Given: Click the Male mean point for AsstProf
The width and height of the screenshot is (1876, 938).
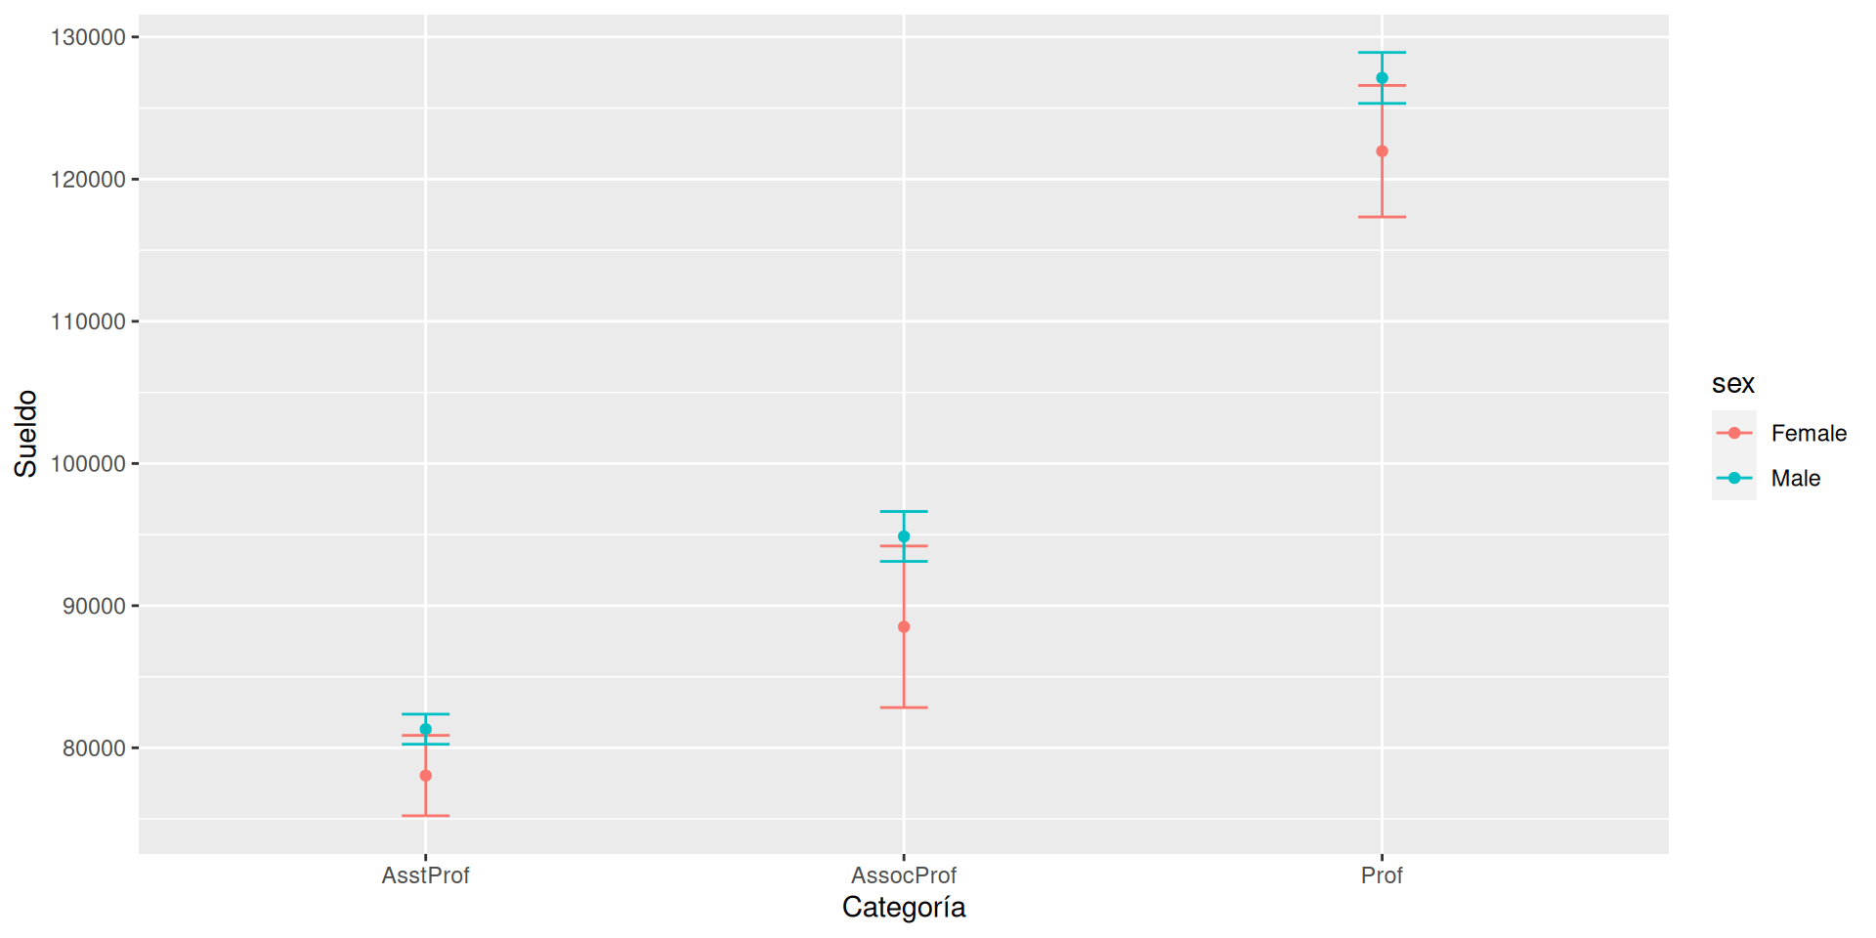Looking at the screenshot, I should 425,729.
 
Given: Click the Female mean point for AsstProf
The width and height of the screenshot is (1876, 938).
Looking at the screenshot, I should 425,776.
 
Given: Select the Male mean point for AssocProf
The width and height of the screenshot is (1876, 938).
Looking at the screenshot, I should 904,536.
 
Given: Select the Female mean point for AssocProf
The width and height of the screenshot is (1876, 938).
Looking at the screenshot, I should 904,627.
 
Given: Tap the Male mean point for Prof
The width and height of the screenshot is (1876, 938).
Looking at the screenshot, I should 1382,78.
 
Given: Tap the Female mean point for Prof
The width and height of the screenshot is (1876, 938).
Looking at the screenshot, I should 1382,151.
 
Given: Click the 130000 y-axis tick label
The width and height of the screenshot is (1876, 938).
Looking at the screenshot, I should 88,37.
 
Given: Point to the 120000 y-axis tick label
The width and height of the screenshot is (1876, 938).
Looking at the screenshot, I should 88,180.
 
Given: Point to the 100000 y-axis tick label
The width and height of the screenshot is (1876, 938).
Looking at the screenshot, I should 88,464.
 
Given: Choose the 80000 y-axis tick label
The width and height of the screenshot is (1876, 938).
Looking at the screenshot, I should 94,748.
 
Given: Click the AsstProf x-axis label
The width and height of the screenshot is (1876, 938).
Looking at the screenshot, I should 425,875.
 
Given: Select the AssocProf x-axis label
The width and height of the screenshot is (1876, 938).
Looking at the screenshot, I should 904,875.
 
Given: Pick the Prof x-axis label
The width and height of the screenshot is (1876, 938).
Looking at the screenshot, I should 1382,875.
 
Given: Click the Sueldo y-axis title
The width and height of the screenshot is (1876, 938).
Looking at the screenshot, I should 25,434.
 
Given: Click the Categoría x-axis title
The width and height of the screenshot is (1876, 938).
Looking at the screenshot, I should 904,908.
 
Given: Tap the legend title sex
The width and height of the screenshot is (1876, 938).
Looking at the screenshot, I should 1732,384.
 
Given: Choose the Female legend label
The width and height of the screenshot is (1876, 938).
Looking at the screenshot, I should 1809,433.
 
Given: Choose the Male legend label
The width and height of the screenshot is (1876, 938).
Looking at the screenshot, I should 1796,478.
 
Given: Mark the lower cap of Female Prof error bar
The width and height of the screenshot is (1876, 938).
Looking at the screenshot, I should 1382,217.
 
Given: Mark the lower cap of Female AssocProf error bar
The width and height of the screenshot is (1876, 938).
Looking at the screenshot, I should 904,707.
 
